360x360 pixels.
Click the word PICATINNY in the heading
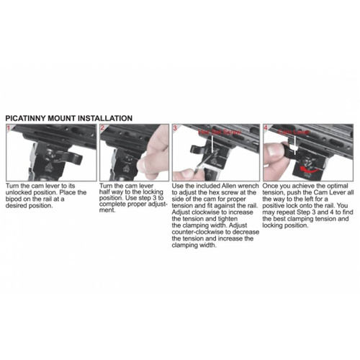tap(27, 116)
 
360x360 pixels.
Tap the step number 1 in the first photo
tap(8, 127)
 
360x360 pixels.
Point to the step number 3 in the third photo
tap(175, 127)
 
